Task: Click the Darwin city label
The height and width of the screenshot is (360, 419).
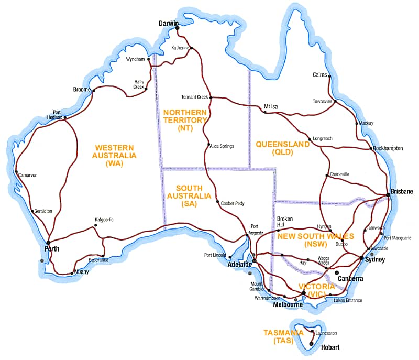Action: (169, 24)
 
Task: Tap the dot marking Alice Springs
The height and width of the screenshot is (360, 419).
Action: (208, 145)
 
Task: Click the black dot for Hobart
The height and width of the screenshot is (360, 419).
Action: (312, 344)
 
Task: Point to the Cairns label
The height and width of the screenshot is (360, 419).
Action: (319, 75)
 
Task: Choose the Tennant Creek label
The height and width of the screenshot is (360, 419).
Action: (195, 97)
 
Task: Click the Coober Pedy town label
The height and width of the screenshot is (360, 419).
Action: (233, 203)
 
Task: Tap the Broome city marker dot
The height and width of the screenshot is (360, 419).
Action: (93, 91)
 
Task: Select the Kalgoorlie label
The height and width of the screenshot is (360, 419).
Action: (104, 220)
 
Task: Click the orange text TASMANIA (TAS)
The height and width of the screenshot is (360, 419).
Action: (283, 336)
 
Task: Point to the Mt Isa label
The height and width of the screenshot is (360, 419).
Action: (271, 106)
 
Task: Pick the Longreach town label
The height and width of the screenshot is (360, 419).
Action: (322, 139)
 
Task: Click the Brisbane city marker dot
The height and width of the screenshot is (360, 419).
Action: (388, 194)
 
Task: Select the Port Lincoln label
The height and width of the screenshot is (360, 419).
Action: (215, 255)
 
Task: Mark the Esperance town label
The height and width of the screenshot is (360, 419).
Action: (98, 260)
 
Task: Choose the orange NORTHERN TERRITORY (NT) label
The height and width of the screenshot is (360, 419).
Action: (185, 120)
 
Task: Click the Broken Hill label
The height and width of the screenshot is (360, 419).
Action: (285, 222)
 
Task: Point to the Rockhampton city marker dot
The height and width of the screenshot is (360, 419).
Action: (372, 149)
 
